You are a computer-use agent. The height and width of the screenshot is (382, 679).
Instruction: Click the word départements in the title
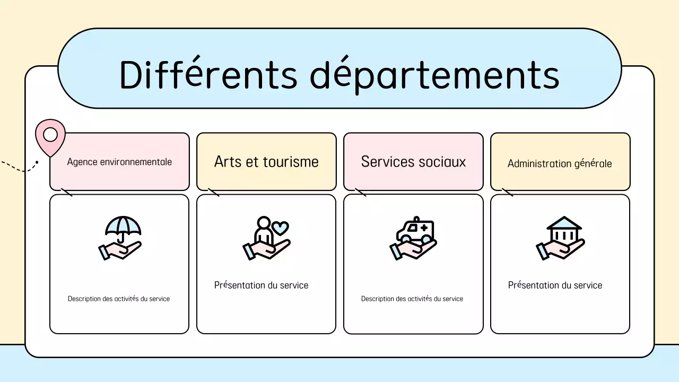[x=434, y=75]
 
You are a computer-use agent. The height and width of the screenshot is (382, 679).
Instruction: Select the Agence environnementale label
[x=119, y=162]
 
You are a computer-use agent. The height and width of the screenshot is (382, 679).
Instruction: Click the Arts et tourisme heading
[x=266, y=162]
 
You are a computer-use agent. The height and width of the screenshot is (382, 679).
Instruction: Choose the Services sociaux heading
[x=413, y=162]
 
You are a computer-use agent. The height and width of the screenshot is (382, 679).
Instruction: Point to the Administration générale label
[x=560, y=163]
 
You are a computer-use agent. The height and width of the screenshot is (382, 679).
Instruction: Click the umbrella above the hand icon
[x=123, y=227]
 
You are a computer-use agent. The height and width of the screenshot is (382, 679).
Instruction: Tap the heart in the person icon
[x=281, y=228]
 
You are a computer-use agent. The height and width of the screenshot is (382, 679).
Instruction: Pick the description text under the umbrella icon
[x=119, y=299]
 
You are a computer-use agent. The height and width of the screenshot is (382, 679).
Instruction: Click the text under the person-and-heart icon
[x=261, y=285]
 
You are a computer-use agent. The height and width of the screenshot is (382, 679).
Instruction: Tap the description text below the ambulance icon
[x=412, y=299]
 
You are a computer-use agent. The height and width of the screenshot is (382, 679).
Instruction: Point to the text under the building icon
[x=555, y=285]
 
